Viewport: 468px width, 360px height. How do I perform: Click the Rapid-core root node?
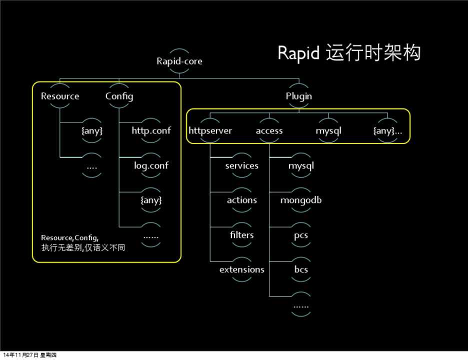[179, 61]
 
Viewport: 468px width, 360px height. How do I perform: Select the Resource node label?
[60, 96]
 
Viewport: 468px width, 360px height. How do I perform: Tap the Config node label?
[119, 96]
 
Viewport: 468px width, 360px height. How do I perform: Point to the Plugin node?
[299, 96]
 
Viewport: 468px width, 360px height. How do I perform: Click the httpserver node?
[210, 131]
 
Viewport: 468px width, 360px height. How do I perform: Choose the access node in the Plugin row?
[269, 131]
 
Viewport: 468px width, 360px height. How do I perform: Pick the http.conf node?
[151, 131]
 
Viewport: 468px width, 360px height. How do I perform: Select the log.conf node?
[151, 165]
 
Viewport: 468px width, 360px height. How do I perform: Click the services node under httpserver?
[241, 165]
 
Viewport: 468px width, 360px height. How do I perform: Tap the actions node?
[241, 200]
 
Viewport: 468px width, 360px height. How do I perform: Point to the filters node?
[241, 234]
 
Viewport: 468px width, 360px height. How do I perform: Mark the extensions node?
[241, 269]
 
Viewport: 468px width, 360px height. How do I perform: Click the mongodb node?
[300, 200]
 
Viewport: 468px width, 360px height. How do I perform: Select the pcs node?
[300, 234]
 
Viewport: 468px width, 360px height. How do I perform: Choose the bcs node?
[300, 269]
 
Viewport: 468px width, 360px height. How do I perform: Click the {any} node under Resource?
[92, 131]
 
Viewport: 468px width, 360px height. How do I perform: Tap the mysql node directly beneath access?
[300, 165]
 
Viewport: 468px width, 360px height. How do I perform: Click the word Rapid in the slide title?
[298, 53]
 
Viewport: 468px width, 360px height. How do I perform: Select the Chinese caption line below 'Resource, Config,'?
[83, 247]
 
